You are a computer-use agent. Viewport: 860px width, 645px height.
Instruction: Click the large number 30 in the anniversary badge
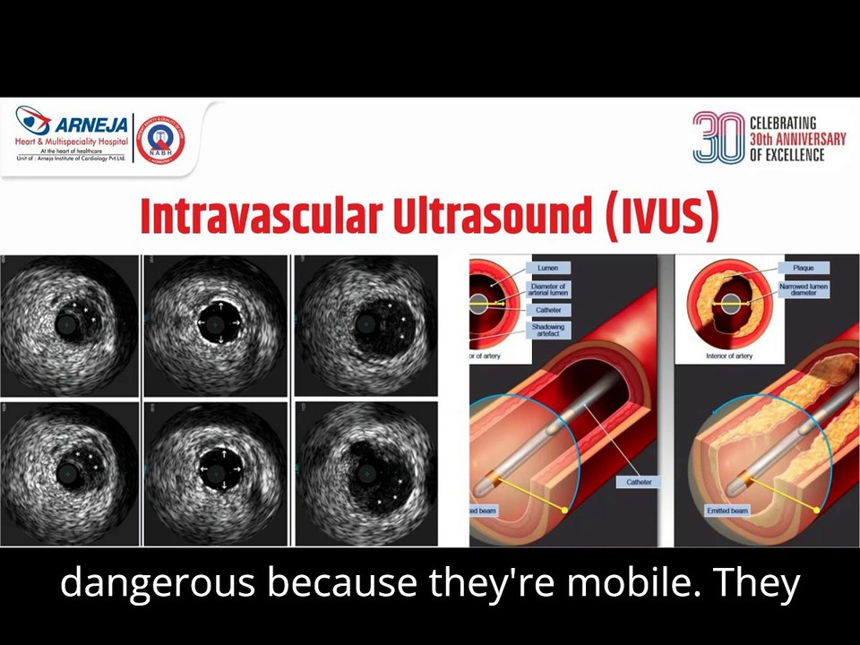[x=718, y=137]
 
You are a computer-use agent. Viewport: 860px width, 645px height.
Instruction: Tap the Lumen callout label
[x=547, y=268]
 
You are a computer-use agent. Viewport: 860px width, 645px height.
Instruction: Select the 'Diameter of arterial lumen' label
[x=548, y=289]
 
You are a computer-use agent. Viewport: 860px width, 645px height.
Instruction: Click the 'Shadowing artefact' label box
[x=547, y=331]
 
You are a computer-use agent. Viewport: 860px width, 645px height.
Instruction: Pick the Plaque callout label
[x=804, y=268]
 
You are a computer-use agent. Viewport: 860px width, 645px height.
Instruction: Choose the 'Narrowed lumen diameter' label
[x=804, y=289]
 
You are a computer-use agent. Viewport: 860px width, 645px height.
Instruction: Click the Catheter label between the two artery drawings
[x=639, y=482]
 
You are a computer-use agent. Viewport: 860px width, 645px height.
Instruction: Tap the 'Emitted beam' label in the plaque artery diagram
[x=727, y=511]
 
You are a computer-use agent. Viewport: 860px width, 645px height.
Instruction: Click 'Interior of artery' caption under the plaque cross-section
[x=728, y=356]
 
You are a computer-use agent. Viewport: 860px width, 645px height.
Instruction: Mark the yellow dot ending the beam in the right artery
[x=817, y=510]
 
